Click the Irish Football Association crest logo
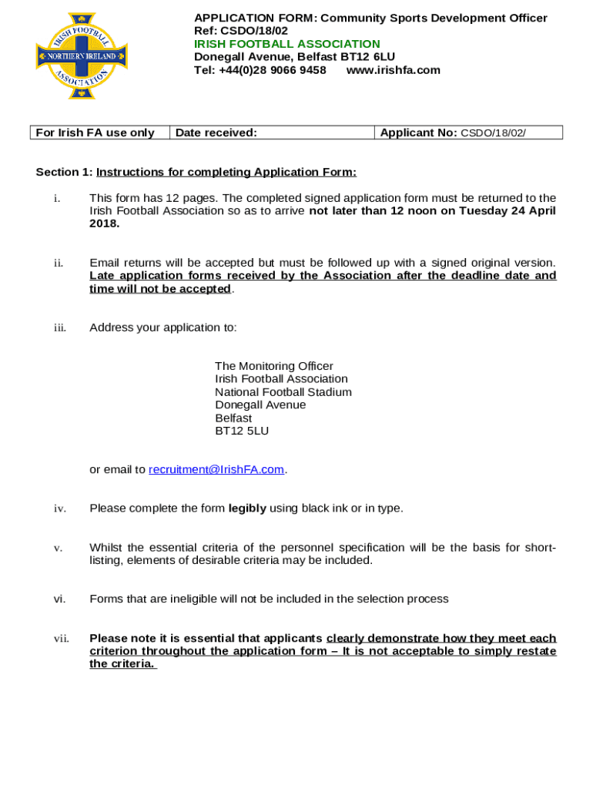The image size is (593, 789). [x=82, y=55]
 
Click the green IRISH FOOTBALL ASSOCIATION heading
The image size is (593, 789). [x=286, y=44]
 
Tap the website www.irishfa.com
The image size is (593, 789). [x=393, y=70]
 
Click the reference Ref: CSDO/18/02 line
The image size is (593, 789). [x=240, y=31]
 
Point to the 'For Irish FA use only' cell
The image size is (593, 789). [x=95, y=133]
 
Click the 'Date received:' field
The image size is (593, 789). [x=216, y=133]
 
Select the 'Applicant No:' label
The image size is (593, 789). [x=418, y=133]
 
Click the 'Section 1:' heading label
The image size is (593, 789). [x=64, y=172]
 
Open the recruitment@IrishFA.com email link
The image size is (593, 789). [x=216, y=469]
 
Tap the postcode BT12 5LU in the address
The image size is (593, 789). [x=242, y=431]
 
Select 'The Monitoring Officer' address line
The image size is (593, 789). [x=274, y=366]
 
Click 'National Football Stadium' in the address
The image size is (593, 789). [x=283, y=392]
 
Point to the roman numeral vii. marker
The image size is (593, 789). [x=61, y=639]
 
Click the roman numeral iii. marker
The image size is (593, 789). [x=59, y=327]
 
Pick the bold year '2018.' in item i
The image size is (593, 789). [x=105, y=223]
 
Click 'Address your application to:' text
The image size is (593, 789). [x=163, y=327]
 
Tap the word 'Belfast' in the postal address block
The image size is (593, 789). [x=233, y=418]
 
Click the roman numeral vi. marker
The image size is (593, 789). [x=59, y=599]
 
